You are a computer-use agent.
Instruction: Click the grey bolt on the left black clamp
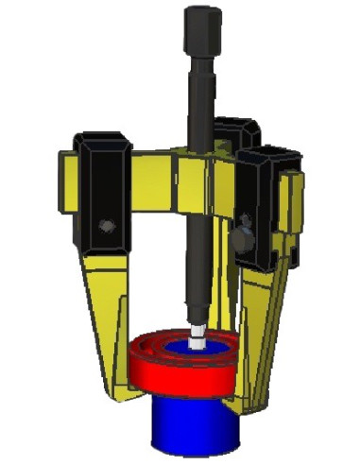[106, 226]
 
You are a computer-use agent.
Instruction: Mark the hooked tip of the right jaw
[248, 397]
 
